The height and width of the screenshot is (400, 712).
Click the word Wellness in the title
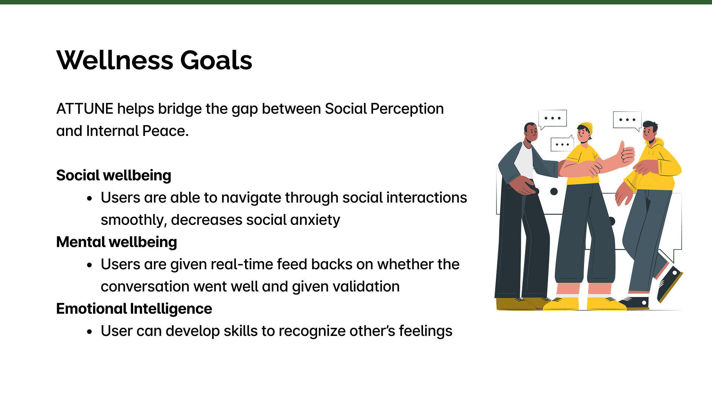(x=115, y=60)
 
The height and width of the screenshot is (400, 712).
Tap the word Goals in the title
(x=216, y=60)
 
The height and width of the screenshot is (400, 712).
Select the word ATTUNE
(x=85, y=109)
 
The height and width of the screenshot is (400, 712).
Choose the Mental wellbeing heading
(x=116, y=243)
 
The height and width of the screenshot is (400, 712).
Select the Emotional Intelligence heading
(x=134, y=309)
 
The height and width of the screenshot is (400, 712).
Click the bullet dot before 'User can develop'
(x=89, y=332)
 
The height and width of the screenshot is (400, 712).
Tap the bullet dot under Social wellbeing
(x=89, y=199)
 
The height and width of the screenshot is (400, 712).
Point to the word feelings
(x=426, y=331)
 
